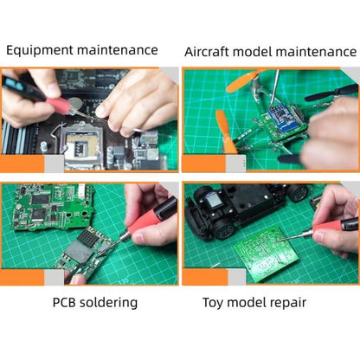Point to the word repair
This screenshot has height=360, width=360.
(286, 303)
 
